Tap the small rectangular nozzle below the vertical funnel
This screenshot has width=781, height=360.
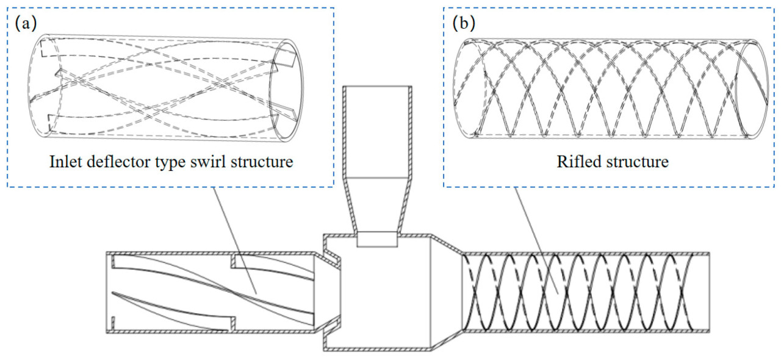(377, 239)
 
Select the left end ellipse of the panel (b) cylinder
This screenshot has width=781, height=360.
(470, 88)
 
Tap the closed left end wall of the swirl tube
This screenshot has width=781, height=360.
(110, 292)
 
